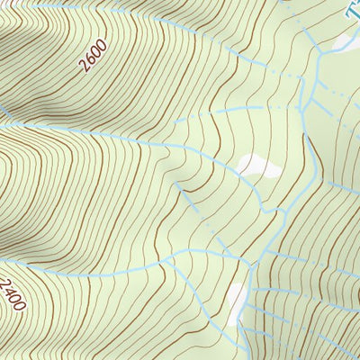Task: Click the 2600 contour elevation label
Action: (x=93, y=56)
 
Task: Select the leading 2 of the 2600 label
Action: (x=83, y=66)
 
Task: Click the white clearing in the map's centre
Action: (x=256, y=165)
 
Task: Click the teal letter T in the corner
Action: (x=352, y=11)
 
